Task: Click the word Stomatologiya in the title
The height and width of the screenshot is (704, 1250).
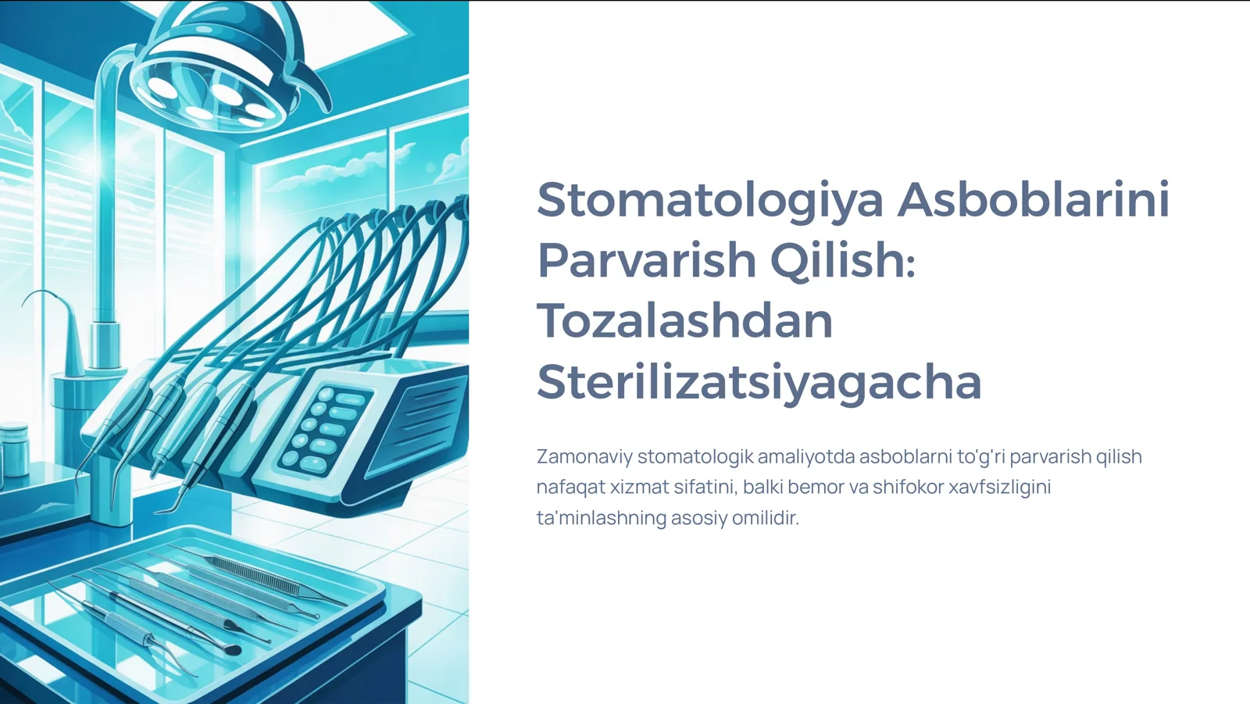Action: [710, 200]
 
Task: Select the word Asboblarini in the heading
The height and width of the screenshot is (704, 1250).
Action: [1033, 199]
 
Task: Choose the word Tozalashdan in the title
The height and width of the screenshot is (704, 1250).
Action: [684, 321]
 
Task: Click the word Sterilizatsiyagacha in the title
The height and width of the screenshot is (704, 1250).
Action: [759, 382]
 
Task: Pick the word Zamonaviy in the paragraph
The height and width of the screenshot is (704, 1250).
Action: [584, 456]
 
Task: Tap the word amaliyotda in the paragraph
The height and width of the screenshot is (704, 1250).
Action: [805, 456]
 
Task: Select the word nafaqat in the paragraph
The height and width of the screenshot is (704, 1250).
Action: [570, 487]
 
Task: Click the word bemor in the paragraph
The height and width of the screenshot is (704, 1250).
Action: [816, 487]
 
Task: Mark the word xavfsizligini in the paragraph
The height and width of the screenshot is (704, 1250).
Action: [999, 487]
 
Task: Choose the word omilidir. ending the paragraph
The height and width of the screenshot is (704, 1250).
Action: [765, 517]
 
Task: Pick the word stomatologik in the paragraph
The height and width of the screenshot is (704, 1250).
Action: [695, 456]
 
